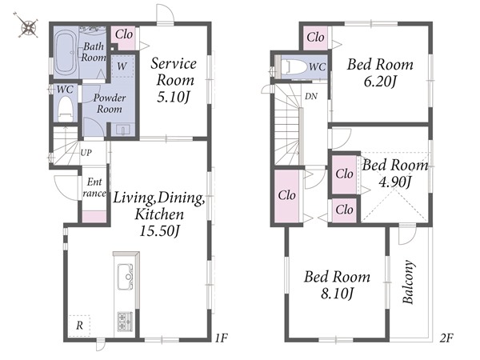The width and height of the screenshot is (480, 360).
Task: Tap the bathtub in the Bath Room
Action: tap(66, 54)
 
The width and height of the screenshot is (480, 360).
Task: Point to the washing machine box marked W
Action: tap(122, 66)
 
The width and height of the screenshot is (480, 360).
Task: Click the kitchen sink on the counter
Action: tap(126, 277)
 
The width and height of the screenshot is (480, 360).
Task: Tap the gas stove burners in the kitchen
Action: tap(126, 322)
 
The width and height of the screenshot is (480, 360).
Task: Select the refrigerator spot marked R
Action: tap(79, 326)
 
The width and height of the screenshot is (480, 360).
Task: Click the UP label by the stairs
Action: tap(86, 152)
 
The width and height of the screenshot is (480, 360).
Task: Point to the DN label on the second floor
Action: tap(311, 97)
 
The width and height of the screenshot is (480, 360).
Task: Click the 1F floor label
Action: tap(221, 338)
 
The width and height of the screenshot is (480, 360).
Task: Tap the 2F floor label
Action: tap(446, 338)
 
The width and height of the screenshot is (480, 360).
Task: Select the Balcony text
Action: tap(408, 282)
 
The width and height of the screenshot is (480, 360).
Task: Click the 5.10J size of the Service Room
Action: tap(174, 98)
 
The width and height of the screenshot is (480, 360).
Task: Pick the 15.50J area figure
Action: tap(159, 230)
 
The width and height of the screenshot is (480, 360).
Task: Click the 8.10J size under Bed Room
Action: tap(337, 294)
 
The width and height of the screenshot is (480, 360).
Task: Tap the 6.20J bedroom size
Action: tap(380, 82)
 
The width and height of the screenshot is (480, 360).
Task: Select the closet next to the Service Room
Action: tap(123, 38)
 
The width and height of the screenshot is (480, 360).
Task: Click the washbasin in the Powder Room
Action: tap(123, 130)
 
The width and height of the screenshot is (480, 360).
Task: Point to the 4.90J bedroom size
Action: tap(394, 182)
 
